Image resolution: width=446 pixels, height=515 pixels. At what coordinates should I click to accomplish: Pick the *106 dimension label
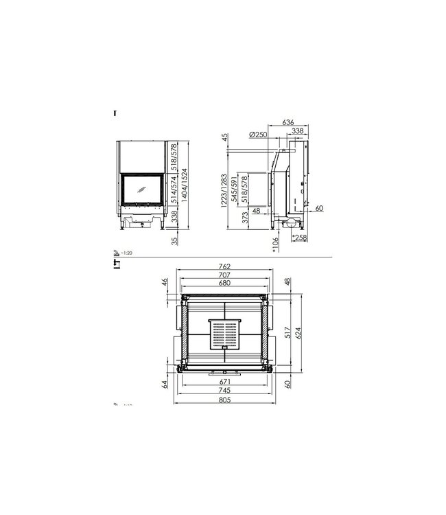pos(276,242)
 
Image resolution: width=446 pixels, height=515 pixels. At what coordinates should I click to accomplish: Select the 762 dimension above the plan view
pos(224,266)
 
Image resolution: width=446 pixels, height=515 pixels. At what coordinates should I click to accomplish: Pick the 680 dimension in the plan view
pos(224,283)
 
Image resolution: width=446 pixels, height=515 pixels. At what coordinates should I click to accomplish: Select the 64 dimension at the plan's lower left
pos(165,384)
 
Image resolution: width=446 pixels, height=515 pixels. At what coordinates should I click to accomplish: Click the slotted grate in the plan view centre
pos(224,335)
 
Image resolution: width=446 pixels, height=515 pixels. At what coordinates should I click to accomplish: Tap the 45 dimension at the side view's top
pos(224,138)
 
